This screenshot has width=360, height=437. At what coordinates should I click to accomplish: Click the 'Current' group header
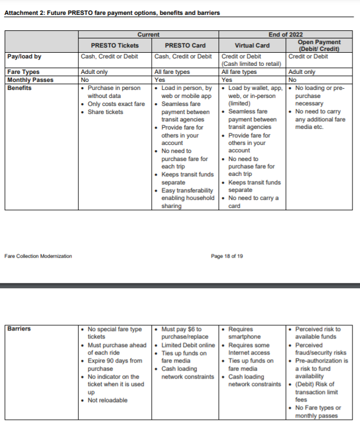coord(148,34)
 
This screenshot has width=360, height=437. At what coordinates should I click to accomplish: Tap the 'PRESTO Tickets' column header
coord(115,45)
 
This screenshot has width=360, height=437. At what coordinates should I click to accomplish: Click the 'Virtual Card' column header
coord(252,45)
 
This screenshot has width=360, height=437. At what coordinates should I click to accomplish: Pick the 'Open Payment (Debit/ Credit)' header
coord(319,45)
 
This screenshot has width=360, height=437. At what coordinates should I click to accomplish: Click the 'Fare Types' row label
coord(22,72)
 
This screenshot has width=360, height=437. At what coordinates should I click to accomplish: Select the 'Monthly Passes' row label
coord(30,80)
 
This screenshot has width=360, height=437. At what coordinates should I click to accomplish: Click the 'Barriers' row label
coord(19,329)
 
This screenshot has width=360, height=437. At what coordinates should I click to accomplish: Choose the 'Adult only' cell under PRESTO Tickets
coord(94,72)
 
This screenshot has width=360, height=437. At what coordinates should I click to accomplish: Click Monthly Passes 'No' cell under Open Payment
coord(292,80)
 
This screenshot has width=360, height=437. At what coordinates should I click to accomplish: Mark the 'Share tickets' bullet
coord(105,112)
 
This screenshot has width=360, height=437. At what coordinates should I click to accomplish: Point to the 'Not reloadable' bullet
coord(107,400)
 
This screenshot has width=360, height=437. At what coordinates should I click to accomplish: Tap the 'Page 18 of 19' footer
coord(226,256)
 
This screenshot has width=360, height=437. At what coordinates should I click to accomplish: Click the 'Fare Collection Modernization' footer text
coord(38,256)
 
